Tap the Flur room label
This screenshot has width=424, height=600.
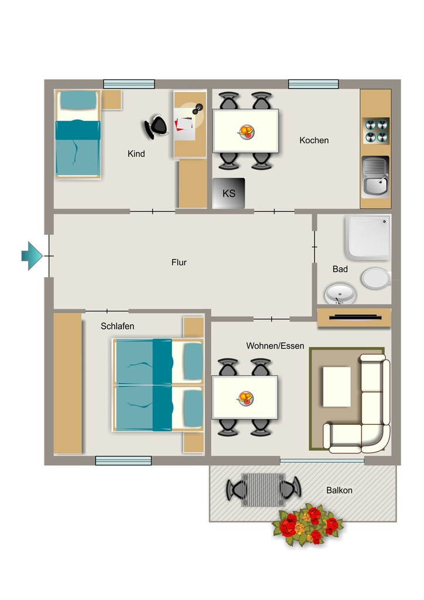(179, 262)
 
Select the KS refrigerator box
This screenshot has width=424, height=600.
(228, 193)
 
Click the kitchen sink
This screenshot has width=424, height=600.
(375, 177)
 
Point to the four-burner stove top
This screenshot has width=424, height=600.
(376, 131)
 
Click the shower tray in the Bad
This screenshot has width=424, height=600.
(368, 237)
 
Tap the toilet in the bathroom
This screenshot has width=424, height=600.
(376, 278)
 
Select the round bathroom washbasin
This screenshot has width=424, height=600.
(340, 294)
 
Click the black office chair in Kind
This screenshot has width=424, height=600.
(156, 127)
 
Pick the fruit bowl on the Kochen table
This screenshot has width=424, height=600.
(245, 132)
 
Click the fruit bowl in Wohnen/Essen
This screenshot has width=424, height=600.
(245, 398)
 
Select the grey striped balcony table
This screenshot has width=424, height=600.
(263, 490)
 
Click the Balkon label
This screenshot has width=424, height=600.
(339, 490)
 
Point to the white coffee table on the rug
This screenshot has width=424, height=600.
(337, 387)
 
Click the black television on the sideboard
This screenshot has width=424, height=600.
(355, 317)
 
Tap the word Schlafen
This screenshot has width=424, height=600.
(117, 326)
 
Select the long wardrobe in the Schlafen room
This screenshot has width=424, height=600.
(68, 384)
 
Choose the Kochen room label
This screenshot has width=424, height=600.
(314, 141)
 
